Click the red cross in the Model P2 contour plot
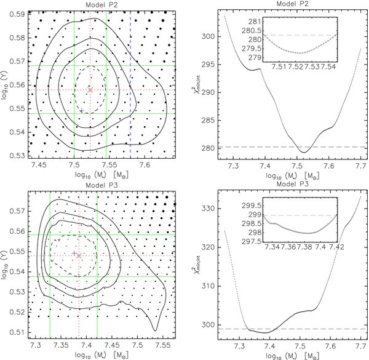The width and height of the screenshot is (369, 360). [90, 90]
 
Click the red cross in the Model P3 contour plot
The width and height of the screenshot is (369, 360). [78, 255]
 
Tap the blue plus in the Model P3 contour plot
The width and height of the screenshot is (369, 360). [74, 253]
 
